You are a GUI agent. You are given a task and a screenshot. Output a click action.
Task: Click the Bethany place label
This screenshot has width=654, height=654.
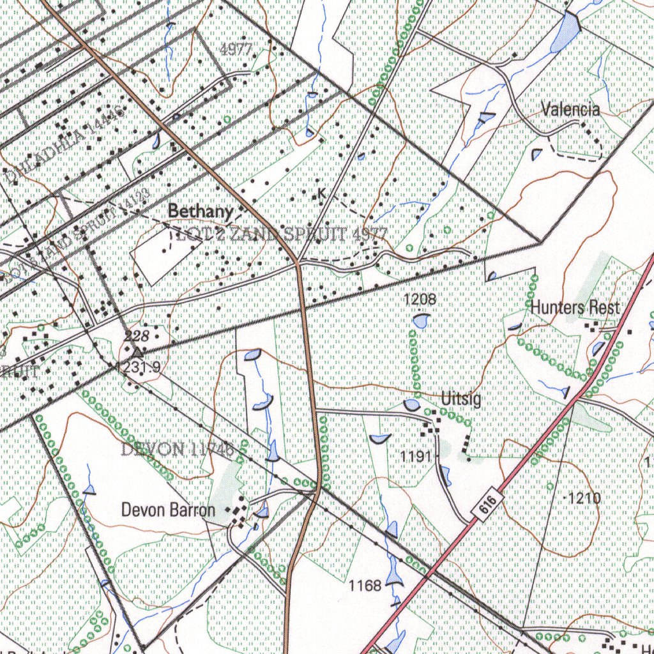click(201, 211)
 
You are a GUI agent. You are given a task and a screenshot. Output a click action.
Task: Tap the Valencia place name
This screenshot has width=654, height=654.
click(570, 109)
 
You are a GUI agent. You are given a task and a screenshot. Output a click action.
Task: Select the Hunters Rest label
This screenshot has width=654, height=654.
click(575, 308)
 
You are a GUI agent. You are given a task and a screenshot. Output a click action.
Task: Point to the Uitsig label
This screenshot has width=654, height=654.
click(461, 400)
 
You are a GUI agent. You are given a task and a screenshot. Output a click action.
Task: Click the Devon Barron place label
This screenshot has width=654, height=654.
click(168, 510)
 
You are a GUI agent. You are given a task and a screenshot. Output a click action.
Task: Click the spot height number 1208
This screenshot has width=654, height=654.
click(420, 298)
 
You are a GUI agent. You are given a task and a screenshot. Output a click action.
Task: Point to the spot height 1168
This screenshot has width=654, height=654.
click(365, 584)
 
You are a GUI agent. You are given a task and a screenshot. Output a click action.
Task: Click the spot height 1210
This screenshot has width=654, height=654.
click(585, 498)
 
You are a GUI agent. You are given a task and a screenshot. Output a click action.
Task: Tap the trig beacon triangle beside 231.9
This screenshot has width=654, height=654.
click(138, 351)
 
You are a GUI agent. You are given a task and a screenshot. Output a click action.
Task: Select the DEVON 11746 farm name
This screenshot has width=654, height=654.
click(176, 450)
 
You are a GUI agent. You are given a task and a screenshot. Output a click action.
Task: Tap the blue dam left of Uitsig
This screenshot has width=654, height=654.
click(412, 405)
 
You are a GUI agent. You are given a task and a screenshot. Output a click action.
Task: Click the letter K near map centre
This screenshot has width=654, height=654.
click(321, 193)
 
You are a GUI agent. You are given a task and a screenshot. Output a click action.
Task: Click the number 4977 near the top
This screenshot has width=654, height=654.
click(236, 50)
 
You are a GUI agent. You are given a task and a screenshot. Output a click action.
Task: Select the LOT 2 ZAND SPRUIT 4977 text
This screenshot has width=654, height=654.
click(278, 235)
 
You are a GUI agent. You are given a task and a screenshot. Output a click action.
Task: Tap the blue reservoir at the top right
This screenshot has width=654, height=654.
click(566, 32)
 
